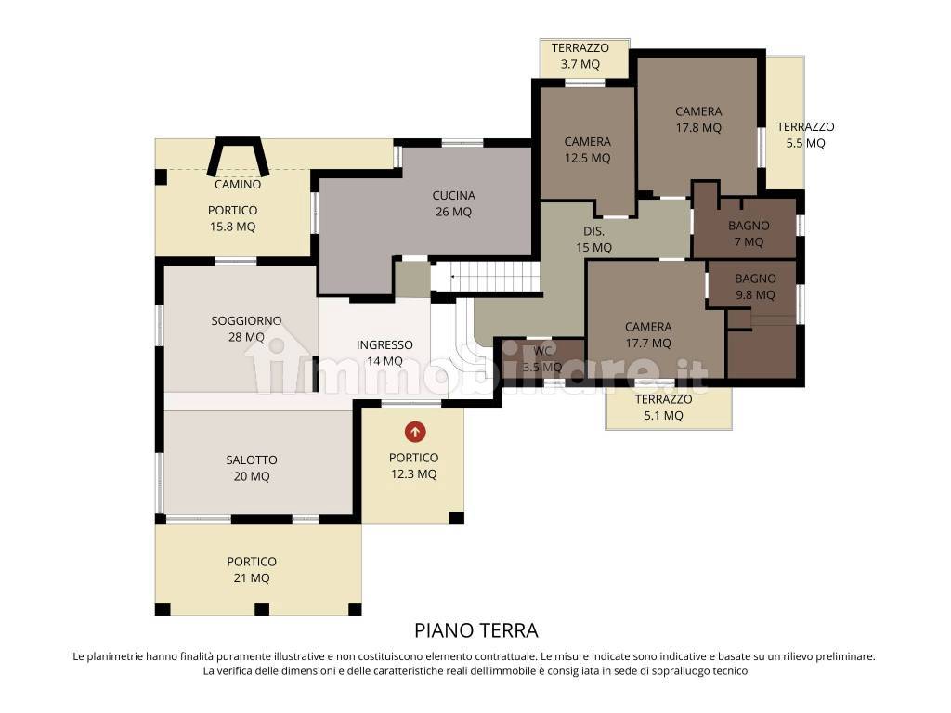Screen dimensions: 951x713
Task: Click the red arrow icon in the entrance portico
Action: [x=415, y=433]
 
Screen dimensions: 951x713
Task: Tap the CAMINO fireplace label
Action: [x=238, y=185]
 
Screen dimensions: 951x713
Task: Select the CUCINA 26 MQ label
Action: [x=453, y=203]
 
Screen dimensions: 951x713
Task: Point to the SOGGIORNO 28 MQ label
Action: [x=246, y=329]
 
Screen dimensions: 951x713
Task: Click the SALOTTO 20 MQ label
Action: [x=252, y=468]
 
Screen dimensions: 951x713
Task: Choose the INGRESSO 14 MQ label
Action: [x=384, y=353]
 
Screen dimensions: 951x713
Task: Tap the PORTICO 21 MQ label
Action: [x=252, y=570]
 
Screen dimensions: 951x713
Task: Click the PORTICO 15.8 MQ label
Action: [x=233, y=218]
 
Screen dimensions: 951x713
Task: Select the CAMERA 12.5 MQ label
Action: [x=587, y=149]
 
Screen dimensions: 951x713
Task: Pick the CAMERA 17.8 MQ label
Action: [x=698, y=120]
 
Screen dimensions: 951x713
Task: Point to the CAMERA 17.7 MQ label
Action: [x=648, y=334]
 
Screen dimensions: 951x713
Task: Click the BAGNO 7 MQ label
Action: [x=749, y=233]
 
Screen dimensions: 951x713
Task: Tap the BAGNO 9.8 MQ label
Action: [x=755, y=287]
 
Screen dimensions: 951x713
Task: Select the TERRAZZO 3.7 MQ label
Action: [x=580, y=56]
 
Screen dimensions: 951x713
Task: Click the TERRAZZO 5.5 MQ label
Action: [x=805, y=135]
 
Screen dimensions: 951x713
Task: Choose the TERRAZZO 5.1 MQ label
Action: [x=663, y=408]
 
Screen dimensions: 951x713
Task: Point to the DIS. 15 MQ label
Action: [x=593, y=240]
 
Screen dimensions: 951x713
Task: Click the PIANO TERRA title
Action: [x=476, y=630]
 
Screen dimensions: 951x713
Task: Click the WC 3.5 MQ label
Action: [x=542, y=359]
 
